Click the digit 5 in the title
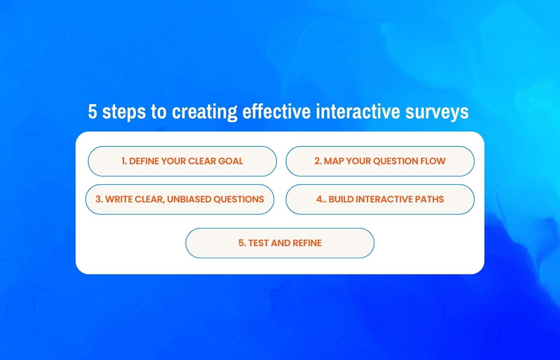(92, 112)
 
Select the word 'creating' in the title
(204, 112)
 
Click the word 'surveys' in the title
(437, 112)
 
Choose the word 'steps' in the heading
(124, 112)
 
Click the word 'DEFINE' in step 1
(144, 161)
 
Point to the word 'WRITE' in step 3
(119, 199)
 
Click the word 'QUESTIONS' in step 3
(239, 199)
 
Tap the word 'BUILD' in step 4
(341, 199)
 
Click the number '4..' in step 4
(321, 199)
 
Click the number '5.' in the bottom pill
(242, 243)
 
